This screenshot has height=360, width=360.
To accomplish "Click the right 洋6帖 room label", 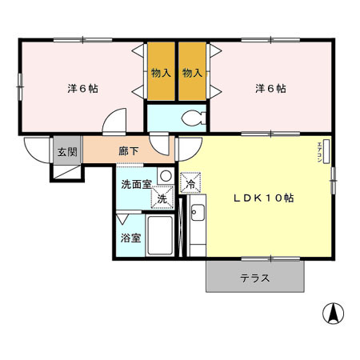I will tap(270, 88).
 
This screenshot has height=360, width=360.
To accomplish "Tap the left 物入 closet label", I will tap(161, 73).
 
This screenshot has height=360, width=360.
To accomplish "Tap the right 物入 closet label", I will tap(192, 73).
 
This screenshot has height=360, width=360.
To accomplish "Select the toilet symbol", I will tap(191, 118).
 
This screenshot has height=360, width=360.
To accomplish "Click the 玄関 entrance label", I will tap(66, 151).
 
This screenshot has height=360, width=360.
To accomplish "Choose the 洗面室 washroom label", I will tap(135, 184).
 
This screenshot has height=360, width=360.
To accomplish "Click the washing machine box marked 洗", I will tap(162, 198).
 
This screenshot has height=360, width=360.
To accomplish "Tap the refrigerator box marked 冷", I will tap(190, 183).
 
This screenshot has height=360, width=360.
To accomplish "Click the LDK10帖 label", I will tap(262, 198).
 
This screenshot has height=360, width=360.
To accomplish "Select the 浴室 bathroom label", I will tap(130, 238).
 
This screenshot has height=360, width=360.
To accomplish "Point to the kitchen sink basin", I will tap(198, 214).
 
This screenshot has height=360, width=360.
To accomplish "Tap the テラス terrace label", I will tap(254, 278).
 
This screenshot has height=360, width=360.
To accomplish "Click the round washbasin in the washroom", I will tap(164, 175).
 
